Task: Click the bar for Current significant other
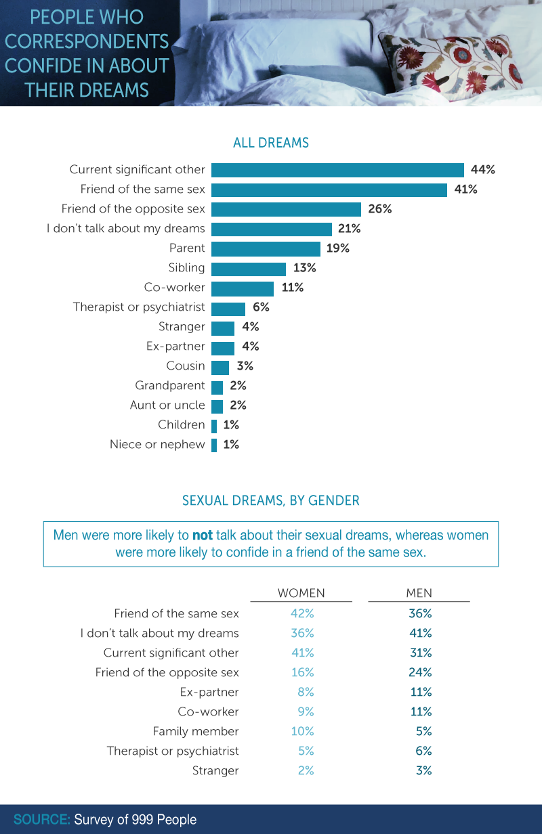[337, 170]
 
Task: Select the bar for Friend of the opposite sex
[286, 209]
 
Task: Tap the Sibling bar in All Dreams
[249, 269]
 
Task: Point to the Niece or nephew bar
[214, 445]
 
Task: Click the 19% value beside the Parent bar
[338, 248]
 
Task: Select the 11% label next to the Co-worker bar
[293, 288]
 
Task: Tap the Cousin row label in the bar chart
[186, 366]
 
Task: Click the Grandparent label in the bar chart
[170, 385]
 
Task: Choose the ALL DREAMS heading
[271, 143]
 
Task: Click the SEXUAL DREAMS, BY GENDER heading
[271, 500]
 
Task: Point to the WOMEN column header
[301, 593]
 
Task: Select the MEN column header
[419, 593]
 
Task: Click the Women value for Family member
[302, 731]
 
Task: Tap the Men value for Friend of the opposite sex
[420, 672]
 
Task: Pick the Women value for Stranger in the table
[306, 770]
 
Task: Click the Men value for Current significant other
[421, 653]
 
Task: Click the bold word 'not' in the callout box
[203, 535]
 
